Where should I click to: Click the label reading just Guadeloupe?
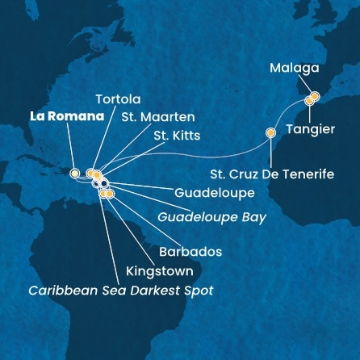(x=209, y=194)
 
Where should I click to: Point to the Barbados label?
(x=190, y=252)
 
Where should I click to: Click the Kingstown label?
(x=154, y=272)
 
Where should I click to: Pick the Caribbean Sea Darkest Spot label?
(x=120, y=291)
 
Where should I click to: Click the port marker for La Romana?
(x=74, y=173)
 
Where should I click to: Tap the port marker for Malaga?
(x=315, y=97)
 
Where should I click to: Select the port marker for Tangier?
(x=309, y=103)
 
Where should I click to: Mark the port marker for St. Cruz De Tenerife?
(x=270, y=133)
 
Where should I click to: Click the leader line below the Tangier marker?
(x=309, y=113)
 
